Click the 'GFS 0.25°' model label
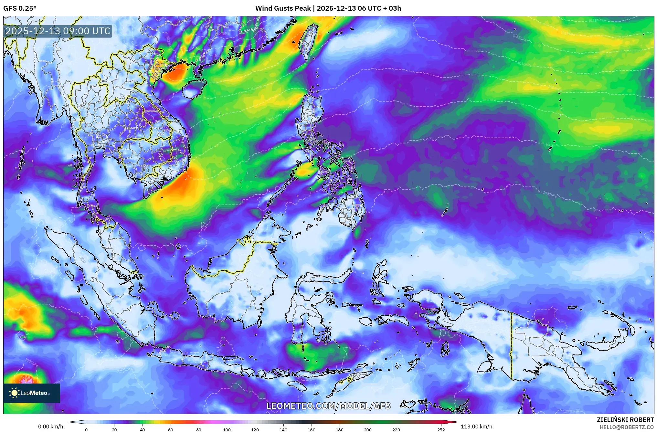(x=20, y=8)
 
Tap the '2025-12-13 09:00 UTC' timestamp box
(x=58, y=31)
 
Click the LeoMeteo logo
(x=31, y=393)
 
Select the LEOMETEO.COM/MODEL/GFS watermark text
(x=328, y=406)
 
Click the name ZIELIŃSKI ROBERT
(x=625, y=420)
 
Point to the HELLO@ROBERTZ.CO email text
(x=627, y=427)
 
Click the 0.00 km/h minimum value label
(x=50, y=427)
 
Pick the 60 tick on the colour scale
(x=171, y=430)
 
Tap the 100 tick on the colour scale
(x=227, y=430)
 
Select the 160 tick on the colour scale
(x=311, y=430)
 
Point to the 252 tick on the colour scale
(x=441, y=430)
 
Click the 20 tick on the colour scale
(x=114, y=430)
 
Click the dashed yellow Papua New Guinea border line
(x=511, y=346)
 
